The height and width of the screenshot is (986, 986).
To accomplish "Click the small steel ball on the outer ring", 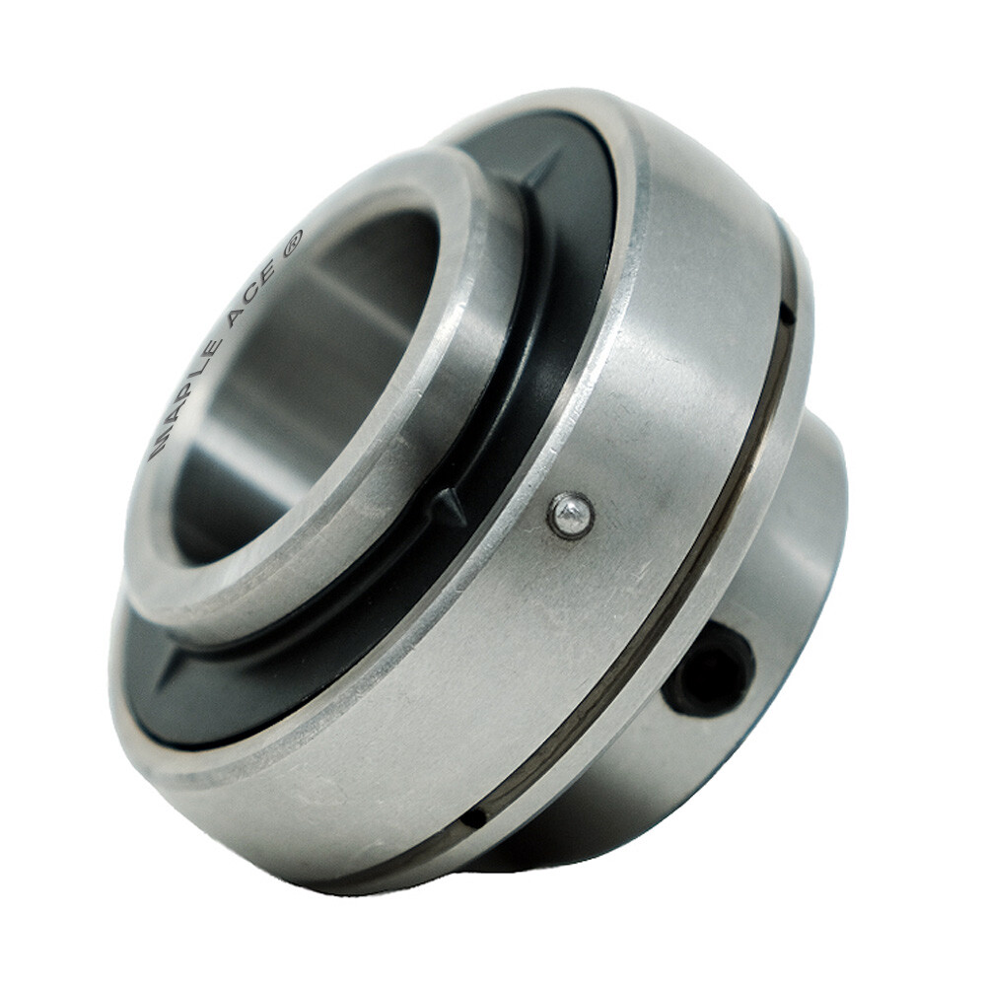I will point(571,516).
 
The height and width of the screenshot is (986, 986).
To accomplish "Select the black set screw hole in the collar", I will point(708,668).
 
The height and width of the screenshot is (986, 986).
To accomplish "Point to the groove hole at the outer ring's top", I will point(786,314).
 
